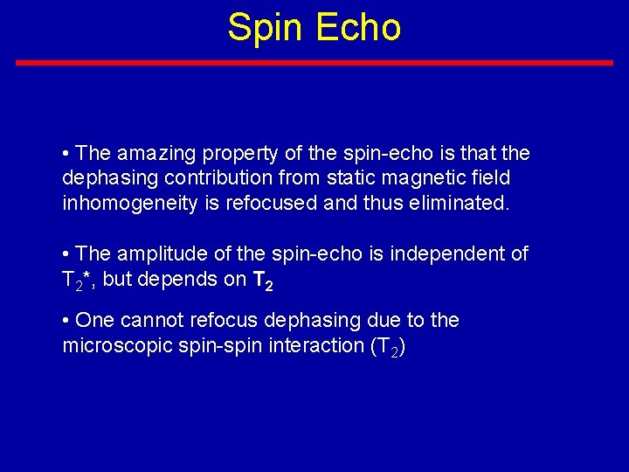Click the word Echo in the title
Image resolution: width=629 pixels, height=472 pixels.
pos(358,27)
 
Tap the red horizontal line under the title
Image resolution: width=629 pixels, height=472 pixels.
pos(314,63)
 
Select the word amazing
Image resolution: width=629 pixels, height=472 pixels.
pos(157,154)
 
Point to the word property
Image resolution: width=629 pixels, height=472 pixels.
pos(243,154)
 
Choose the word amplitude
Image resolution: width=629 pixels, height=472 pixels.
pos(157,253)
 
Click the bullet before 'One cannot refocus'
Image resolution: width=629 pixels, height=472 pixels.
pos(66,321)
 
